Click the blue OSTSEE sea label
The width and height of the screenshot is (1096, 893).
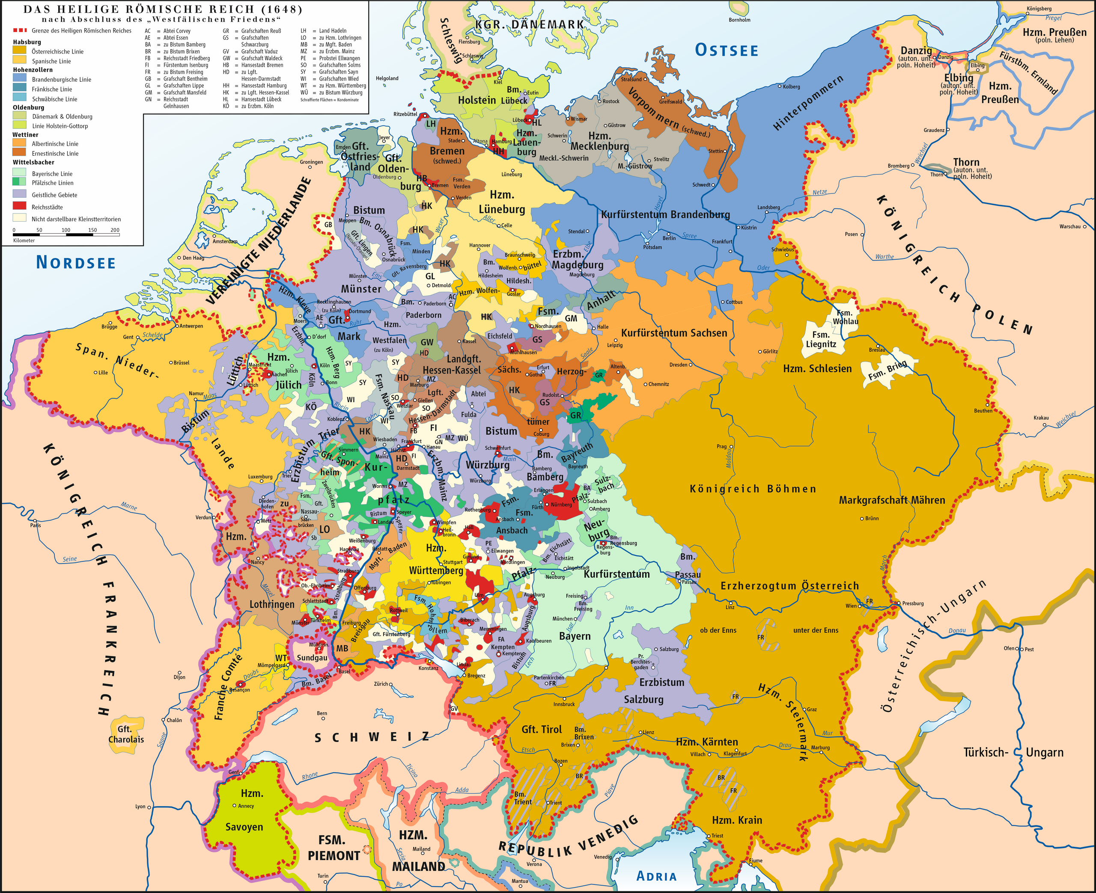pyautogui.click(x=726, y=50)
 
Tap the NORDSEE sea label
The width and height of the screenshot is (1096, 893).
pyautogui.click(x=76, y=262)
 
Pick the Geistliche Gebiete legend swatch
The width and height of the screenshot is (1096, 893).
pyautogui.click(x=20, y=194)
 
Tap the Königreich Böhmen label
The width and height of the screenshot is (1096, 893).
pyautogui.click(x=752, y=489)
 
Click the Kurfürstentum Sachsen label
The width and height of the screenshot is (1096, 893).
pyautogui.click(x=673, y=333)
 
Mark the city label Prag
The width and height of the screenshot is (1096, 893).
pyautogui.click(x=721, y=447)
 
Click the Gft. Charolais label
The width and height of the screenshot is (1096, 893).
pyautogui.click(x=125, y=734)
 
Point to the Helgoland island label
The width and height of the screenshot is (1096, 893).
pyautogui.click(x=387, y=78)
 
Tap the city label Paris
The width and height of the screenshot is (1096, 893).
pyautogui.click(x=35, y=525)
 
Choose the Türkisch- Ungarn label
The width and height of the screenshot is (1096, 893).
pyautogui.click(x=1012, y=752)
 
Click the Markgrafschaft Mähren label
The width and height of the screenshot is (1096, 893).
pyautogui.click(x=892, y=500)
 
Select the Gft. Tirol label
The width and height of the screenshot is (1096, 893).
pyautogui.click(x=541, y=729)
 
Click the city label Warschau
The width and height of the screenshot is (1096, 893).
pyautogui.click(x=1070, y=226)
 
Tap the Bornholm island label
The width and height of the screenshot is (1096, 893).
pyautogui.click(x=739, y=20)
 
